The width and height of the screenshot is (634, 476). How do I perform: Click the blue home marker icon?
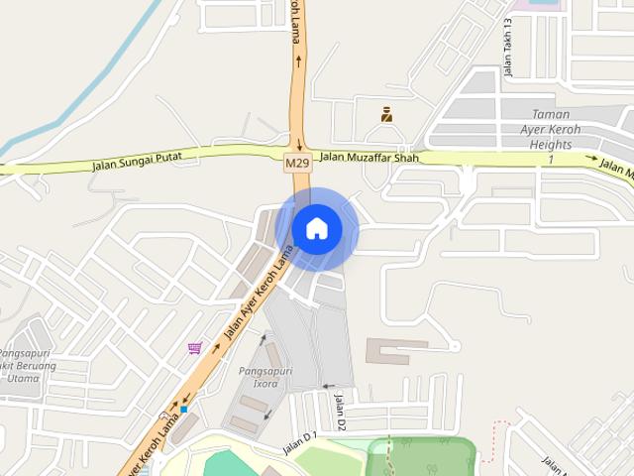pos(317,229)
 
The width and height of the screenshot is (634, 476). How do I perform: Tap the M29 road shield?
pos(297,161)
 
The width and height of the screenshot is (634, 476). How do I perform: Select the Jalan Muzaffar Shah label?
pos(370,156)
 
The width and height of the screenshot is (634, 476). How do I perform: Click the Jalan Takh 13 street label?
pos(507,49)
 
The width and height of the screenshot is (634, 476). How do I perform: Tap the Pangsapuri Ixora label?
pos(265,377)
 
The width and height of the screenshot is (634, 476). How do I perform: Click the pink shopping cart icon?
pos(195,348)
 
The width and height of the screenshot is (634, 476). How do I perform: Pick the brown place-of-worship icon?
pos(386,115)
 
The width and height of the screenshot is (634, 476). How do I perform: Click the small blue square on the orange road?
pos(184,409)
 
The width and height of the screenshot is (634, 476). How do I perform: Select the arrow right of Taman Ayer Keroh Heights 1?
pos(590,158)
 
